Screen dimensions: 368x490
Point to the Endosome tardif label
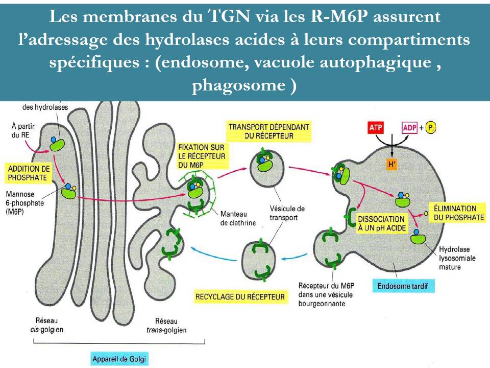[x=404, y=286]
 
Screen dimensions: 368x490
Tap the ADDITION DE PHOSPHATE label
[x=29, y=173]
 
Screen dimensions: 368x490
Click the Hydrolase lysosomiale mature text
[x=457, y=258]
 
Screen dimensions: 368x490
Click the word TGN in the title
[x=231, y=17]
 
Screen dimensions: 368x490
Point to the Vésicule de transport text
[x=287, y=213]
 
